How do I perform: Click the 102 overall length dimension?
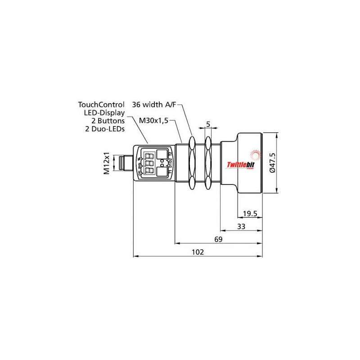(x=198, y=252)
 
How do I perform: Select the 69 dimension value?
(x=218, y=239)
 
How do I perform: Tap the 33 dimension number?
(x=241, y=227)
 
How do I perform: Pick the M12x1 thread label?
(x=107, y=163)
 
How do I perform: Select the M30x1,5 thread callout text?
(x=154, y=120)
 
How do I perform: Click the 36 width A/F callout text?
(x=153, y=104)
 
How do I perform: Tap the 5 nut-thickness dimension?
(x=208, y=123)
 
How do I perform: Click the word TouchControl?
(x=101, y=104)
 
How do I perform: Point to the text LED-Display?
(x=104, y=112)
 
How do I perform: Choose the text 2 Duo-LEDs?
(x=105, y=129)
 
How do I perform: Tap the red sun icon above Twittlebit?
(x=256, y=156)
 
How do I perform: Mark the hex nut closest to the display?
(x=192, y=163)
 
